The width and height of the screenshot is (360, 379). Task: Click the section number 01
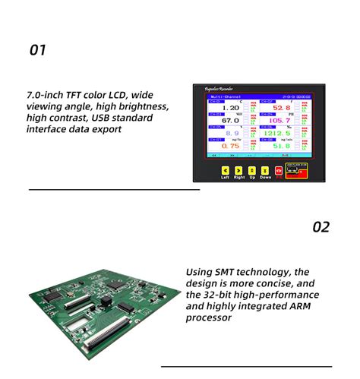(x=38, y=50)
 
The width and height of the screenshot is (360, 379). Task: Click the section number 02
(x=321, y=226)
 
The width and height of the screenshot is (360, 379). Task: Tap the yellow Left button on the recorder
(x=225, y=171)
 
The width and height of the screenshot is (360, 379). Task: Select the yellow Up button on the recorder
(x=251, y=171)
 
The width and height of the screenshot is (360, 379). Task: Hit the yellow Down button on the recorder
(x=264, y=171)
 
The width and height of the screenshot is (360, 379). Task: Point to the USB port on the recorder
(x=297, y=171)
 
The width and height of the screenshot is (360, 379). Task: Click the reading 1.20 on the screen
(x=230, y=108)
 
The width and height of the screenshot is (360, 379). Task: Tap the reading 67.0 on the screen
(x=230, y=121)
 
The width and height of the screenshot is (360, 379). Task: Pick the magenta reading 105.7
(x=279, y=121)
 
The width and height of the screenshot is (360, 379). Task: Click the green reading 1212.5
(x=278, y=133)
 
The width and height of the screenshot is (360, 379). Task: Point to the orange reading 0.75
(x=230, y=146)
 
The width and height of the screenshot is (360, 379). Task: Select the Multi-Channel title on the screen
(x=225, y=96)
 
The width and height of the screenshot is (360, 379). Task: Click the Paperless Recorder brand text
(x=220, y=90)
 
